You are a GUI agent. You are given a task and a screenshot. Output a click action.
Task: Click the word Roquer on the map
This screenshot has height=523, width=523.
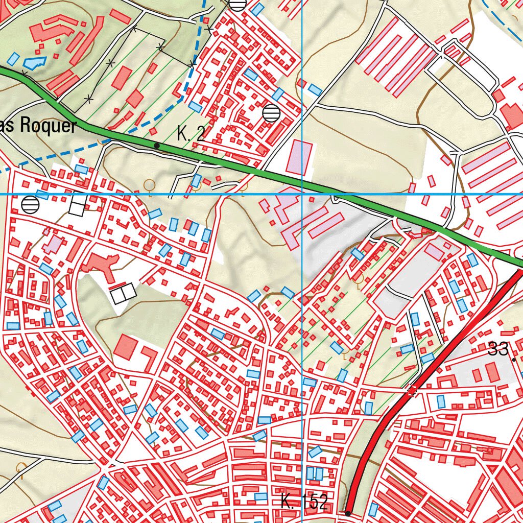[x=48, y=126]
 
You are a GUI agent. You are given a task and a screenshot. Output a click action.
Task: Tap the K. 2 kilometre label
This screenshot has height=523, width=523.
[x=191, y=134]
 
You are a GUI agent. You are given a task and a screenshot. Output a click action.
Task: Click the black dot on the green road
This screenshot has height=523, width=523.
[x=157, y=146]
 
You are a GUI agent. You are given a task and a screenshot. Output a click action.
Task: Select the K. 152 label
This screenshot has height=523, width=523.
[x=304, y=502]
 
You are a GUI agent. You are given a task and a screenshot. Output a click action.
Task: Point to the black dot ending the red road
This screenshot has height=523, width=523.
[x=348, y=513]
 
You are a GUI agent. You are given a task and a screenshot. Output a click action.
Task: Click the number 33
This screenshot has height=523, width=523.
[x=498, y=350]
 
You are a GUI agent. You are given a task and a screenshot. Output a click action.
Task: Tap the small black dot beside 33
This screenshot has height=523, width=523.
[x=514, y=360]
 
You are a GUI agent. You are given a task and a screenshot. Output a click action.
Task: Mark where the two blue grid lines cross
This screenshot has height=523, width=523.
[x=302, y=194]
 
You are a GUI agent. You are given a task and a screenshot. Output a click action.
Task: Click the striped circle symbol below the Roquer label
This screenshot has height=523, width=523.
[x=31, y=205]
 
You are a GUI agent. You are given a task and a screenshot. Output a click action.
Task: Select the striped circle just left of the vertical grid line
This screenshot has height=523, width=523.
[x=271, y=112]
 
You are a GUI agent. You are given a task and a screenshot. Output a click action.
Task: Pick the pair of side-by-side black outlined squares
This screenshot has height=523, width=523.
[x=123, y=294]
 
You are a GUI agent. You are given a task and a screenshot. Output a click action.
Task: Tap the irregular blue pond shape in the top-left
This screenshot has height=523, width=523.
[x=34, y=62]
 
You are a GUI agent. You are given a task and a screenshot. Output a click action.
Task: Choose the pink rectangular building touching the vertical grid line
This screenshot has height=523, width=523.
[x=300, y=158]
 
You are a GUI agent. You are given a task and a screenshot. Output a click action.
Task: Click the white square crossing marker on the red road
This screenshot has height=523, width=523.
[x=412, y=391]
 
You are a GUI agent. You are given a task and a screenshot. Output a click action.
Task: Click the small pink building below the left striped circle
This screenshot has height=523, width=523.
[x=53, y=244]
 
